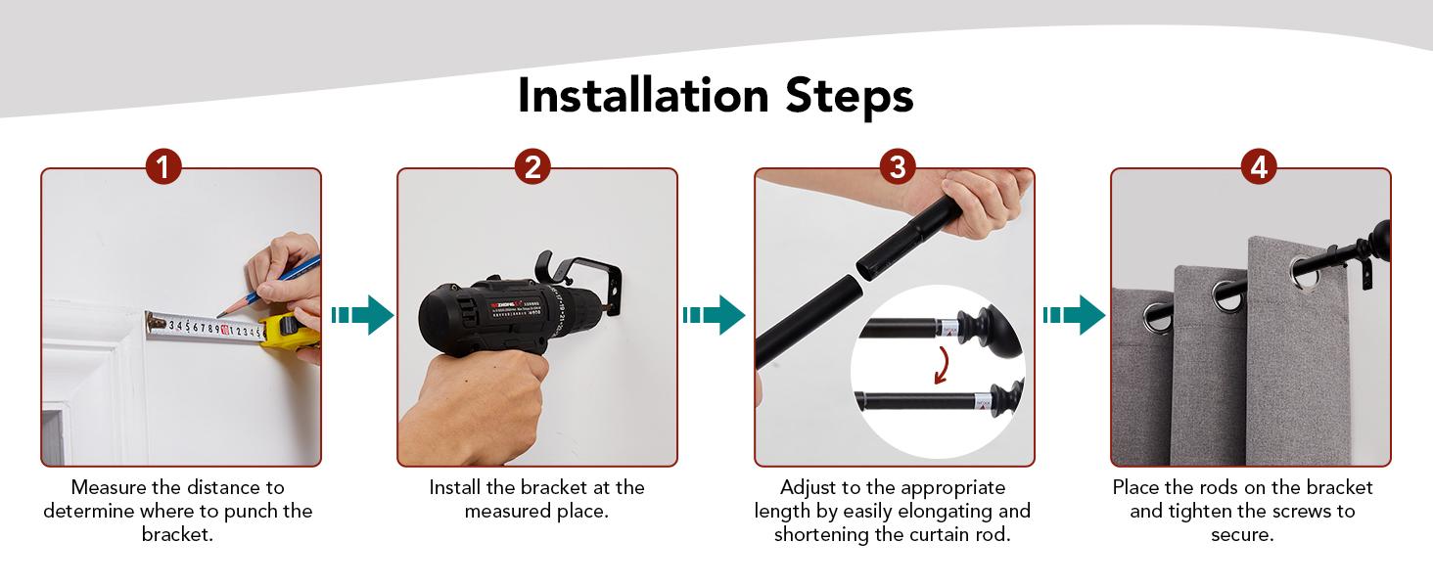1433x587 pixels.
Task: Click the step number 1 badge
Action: click(x=163, y=167)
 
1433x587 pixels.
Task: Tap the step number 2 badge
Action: click(x=532, y=167)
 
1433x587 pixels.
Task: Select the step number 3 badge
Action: click(x=898, y=167)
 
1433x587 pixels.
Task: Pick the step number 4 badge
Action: click(x=1259, y=167)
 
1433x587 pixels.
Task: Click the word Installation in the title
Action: click(x=643, y=96)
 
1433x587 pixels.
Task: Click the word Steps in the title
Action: click(x=850, y=97)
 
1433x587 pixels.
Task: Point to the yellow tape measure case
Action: click(x=289, y=333)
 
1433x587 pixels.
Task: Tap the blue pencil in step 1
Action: click(x=268, y=286)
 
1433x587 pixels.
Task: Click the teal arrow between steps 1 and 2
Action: click(x=363, y=315)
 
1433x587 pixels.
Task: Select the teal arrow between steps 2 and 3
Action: click(x=714, y=315)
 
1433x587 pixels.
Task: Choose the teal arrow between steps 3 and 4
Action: click(x=1074, y=315)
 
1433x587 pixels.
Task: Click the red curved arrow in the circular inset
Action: click(x=943, y=365)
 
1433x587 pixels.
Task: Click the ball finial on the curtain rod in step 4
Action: click(x=1380, y=241)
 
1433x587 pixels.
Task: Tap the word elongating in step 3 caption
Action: click(x=945, y=512)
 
